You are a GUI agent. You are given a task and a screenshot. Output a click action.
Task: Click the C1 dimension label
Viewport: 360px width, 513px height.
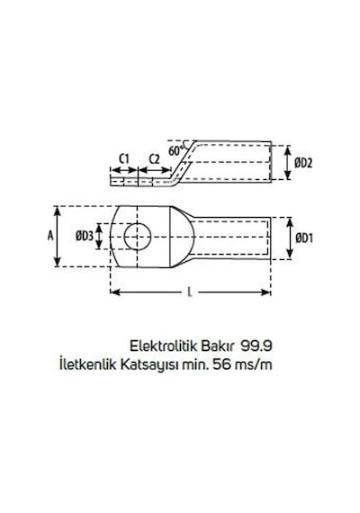tap(124, 159)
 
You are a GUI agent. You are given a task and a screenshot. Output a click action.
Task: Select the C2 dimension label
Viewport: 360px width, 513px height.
tap(154, 159)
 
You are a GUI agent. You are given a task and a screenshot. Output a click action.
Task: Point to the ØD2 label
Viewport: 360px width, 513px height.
tap(303, 163)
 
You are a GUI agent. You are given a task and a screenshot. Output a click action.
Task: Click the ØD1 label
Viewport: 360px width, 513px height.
tap(304, 238)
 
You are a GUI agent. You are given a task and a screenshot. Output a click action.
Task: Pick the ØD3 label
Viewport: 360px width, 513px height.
tap(85, 236)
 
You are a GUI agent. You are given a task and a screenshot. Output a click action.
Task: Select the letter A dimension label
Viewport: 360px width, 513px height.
tap(50, 236)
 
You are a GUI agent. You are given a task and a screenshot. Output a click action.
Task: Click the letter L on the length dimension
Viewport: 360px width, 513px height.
tap(190, 292)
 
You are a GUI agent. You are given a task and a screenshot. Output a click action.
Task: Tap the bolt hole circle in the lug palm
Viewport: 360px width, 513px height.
tap(138, 236)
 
